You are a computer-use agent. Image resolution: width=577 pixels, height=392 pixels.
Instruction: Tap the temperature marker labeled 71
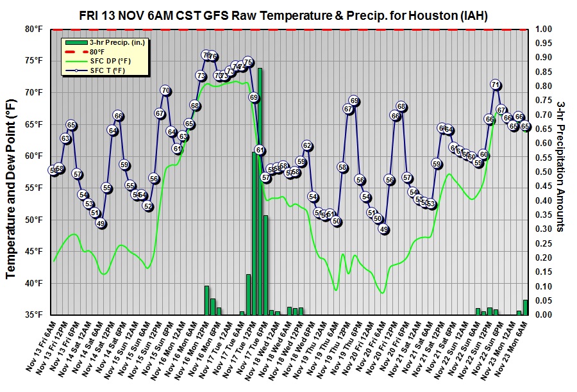[496, 85]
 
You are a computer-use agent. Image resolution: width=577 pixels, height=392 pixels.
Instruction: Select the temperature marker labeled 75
[248, 61]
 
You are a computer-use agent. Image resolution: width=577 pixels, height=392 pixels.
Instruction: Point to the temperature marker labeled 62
[307, 146]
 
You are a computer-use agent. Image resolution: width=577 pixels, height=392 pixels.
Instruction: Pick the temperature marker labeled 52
[148, 206]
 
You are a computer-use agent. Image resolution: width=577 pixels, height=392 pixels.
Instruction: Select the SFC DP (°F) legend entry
[106, 61]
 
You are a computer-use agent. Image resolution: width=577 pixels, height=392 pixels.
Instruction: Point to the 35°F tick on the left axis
[33, 315]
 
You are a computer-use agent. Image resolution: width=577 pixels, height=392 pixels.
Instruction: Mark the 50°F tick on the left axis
[33, 220]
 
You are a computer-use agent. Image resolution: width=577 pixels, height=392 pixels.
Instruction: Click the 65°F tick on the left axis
[33, 124]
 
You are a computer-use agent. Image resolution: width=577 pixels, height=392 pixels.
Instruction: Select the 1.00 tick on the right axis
[543, 29]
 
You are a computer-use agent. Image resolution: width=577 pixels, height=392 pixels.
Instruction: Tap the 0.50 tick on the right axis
[543, 172]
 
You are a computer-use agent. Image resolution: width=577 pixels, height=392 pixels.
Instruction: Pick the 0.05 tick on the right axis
[543, 300]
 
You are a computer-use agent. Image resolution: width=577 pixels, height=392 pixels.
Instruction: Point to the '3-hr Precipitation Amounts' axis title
[562, 172]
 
